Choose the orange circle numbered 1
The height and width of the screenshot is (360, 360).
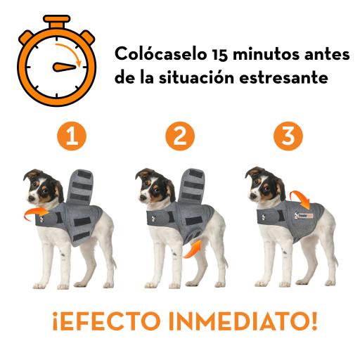click(72, 136)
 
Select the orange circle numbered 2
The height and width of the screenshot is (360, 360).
click(181, 136)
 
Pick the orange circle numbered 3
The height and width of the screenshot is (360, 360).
click(288, 136)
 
